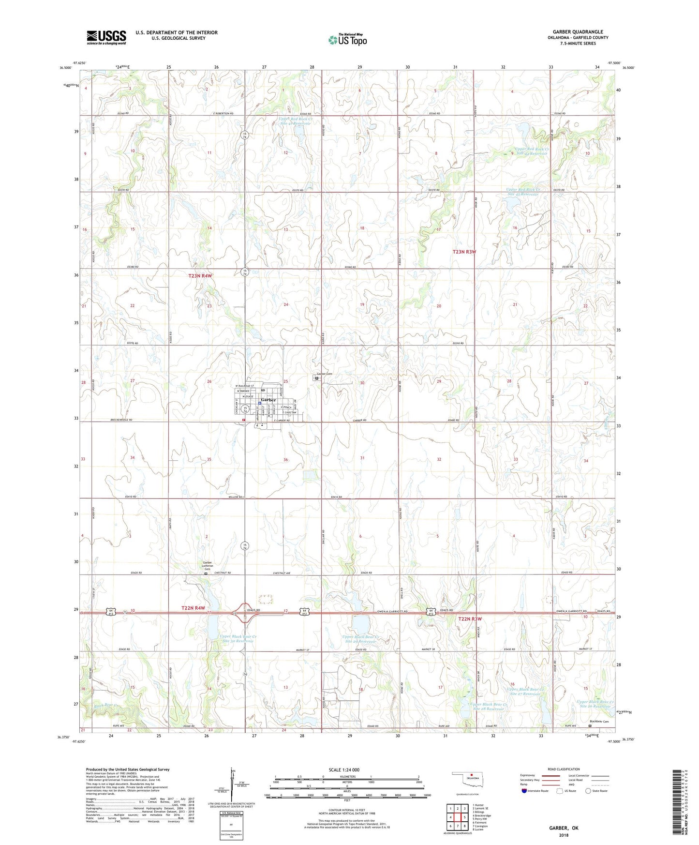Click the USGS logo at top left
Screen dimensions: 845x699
tap(106, 37)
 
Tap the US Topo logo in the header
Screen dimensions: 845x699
tap(347, 40)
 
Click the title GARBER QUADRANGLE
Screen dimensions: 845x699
tap(578, 32)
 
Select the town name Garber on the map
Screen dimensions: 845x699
tap(268, 400)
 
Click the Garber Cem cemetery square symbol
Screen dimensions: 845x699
tap(317, 379)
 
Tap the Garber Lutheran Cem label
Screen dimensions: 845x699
tap(207, 565)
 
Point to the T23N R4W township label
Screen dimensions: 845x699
tap(200, 276)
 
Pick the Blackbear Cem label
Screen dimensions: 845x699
tap(599, 722)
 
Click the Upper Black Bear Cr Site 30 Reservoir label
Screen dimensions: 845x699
tap(237, 638)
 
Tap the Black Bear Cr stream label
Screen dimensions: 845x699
tap(106, 705)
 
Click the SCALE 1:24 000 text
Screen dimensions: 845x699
tap(344, 770)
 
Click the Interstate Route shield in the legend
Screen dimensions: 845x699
tap(524, 791)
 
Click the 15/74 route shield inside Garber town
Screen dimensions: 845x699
tap(245, 409)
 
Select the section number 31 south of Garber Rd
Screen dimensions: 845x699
tap(362, 458)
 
